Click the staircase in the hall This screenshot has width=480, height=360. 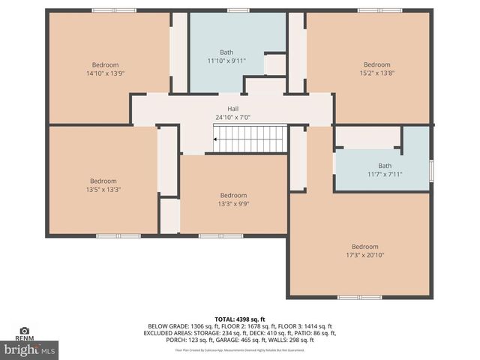(250, 139)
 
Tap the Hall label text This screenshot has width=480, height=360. (233, 109)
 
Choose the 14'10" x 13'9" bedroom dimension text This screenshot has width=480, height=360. (105, 73)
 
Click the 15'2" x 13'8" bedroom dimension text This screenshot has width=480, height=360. (376, 73)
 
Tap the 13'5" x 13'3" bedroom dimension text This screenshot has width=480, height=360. (103, 189)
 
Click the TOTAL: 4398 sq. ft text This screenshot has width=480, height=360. (240, 319)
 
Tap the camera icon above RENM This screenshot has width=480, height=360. (25, 331)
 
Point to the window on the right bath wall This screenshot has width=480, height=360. (431, 170)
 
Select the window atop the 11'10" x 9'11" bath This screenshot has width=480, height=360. (238, 10)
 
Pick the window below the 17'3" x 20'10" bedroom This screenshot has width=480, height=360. (359, 297)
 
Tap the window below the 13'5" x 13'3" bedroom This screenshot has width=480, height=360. (118, 235)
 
